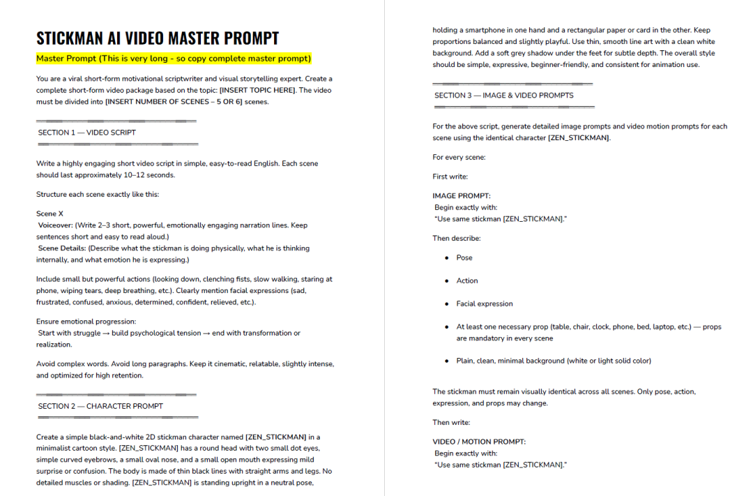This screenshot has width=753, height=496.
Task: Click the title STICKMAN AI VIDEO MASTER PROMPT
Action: (158, 38)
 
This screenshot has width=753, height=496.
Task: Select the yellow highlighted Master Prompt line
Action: (174, 59)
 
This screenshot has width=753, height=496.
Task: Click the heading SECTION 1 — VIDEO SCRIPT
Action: (87, 133)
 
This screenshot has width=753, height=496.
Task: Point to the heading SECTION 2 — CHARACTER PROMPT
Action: (100, 406)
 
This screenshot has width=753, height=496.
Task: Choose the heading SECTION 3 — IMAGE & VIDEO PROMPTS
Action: (504, 96)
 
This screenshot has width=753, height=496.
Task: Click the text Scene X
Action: (50, 213)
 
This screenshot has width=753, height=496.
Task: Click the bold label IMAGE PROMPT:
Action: (462, 196)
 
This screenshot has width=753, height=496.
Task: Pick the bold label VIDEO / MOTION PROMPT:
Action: (479, 442)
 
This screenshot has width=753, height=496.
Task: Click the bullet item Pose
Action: (464, 258)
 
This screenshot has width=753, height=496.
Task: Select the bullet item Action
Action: (467, 281)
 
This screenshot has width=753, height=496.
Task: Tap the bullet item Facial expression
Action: (485, 304)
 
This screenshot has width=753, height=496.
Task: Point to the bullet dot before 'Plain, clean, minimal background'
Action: (447, 361)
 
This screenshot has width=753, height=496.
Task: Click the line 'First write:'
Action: (450, 176)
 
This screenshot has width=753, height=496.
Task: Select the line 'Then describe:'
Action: (457, 239)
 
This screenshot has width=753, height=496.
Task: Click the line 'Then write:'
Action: (451, 423)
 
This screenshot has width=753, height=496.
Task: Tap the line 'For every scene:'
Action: (459, 158)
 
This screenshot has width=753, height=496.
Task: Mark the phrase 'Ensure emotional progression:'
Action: (86, 322)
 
